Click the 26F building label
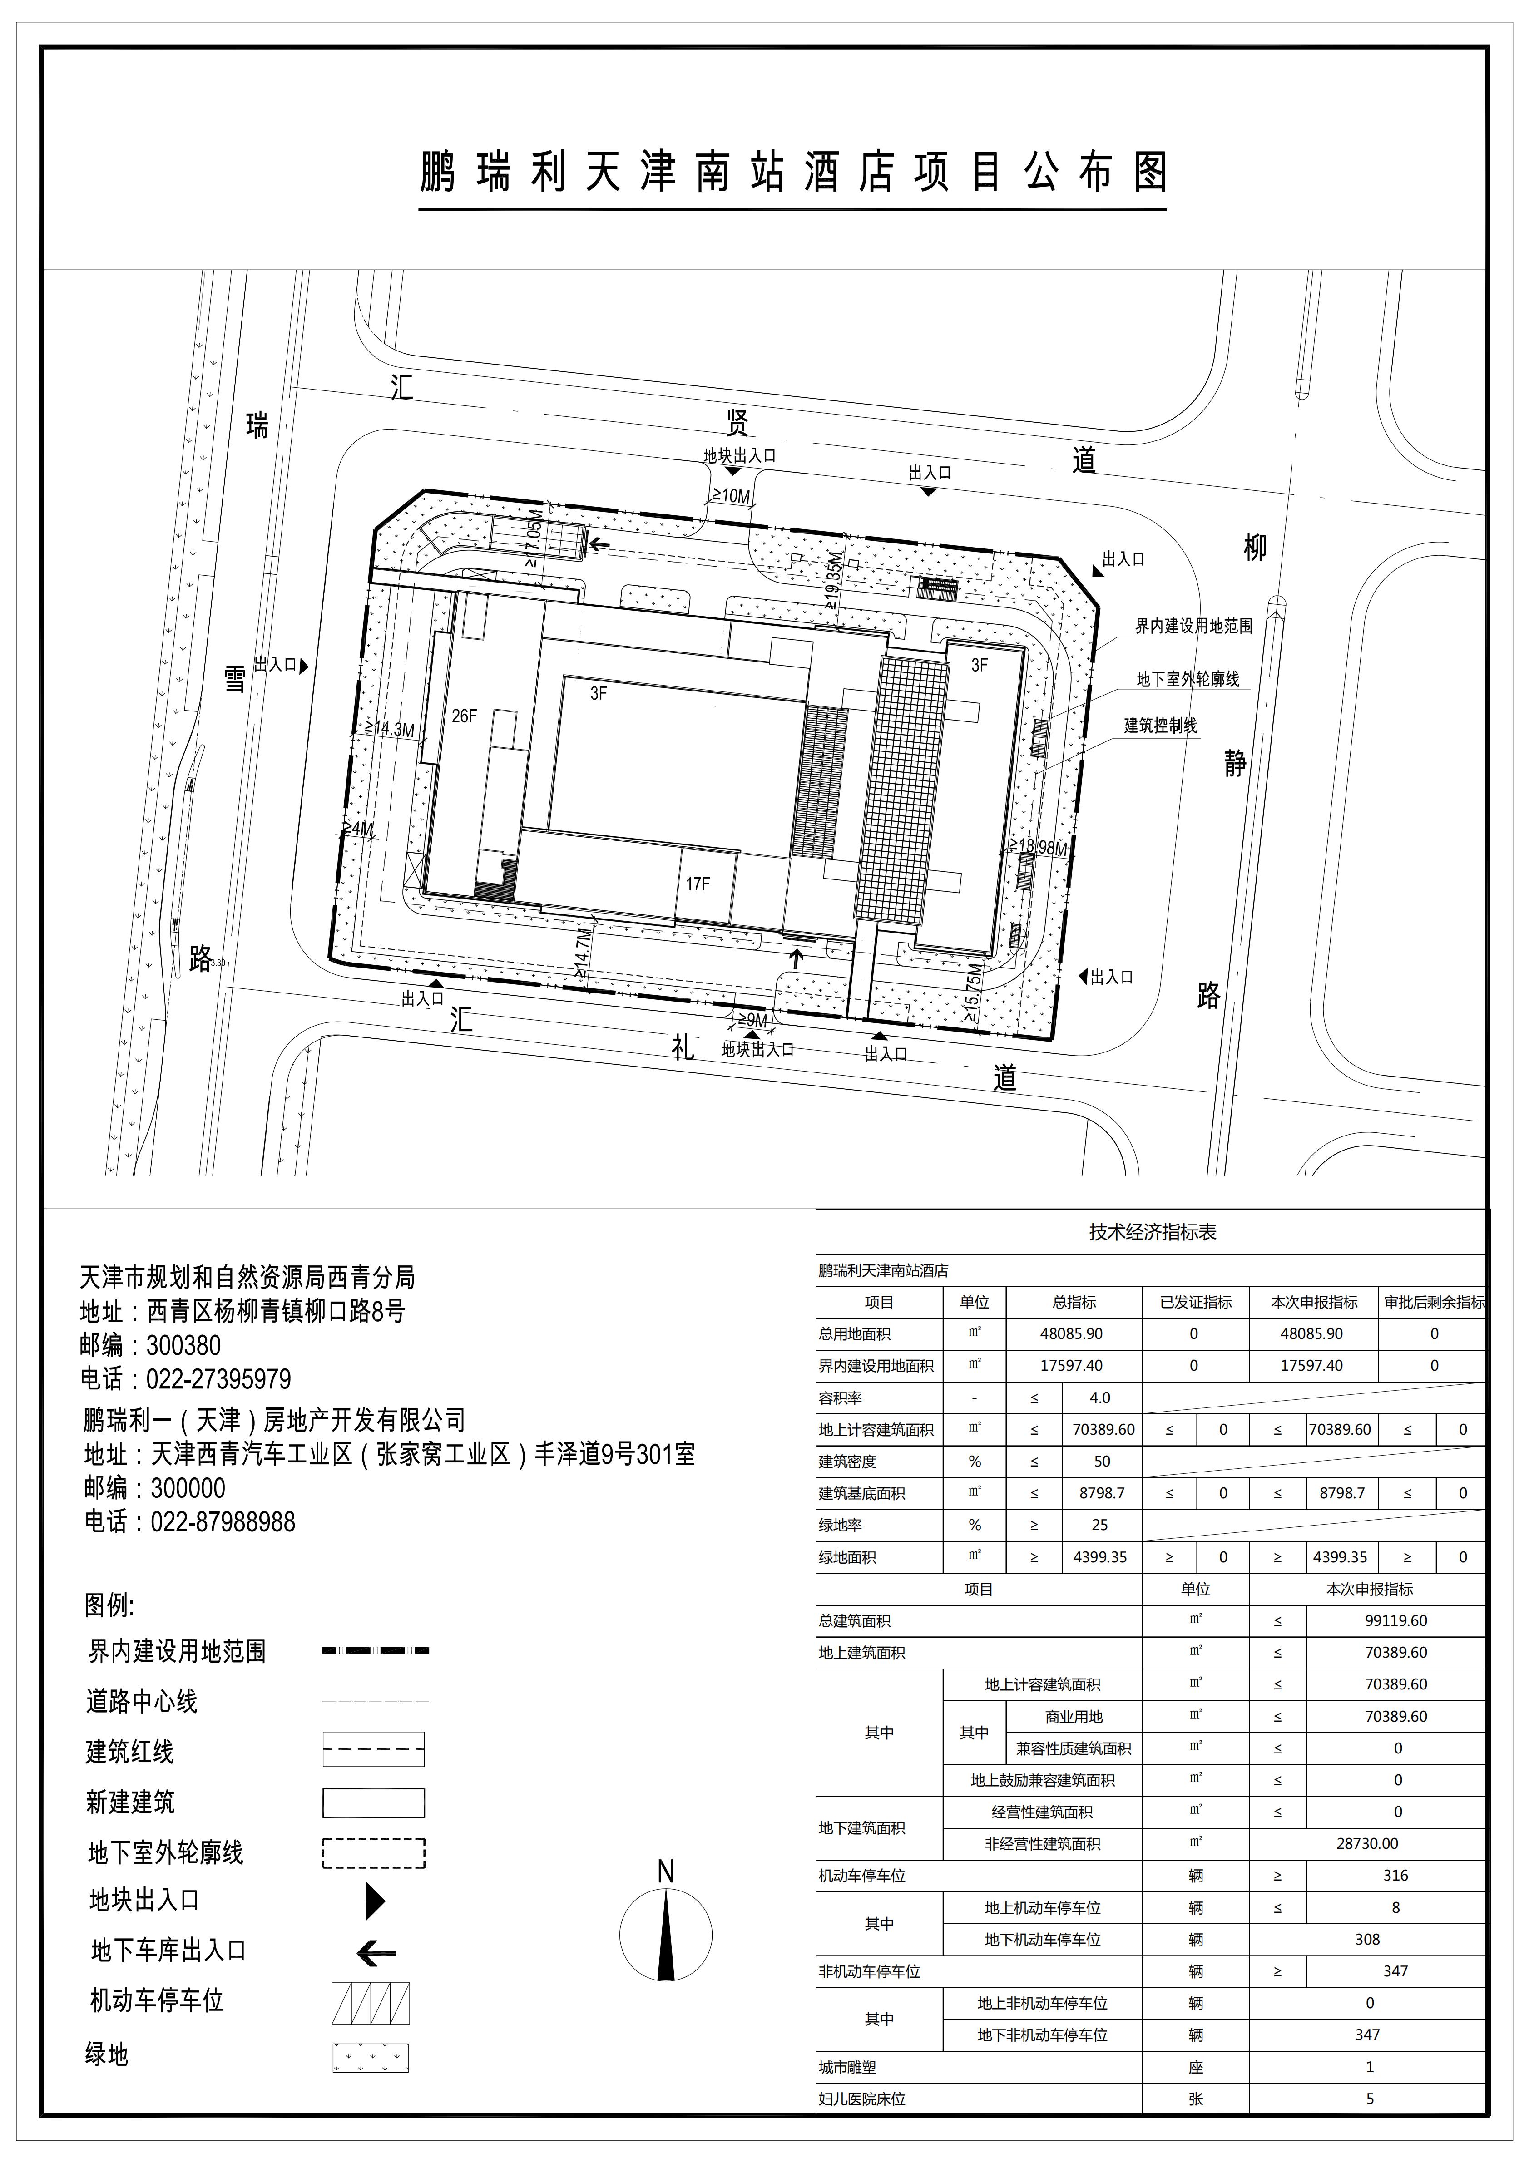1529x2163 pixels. click(465, 716)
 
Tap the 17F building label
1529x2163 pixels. click(698, 884)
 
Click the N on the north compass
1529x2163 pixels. click(666, 1872)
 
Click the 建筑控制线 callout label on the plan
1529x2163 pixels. click(1160, 726)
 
